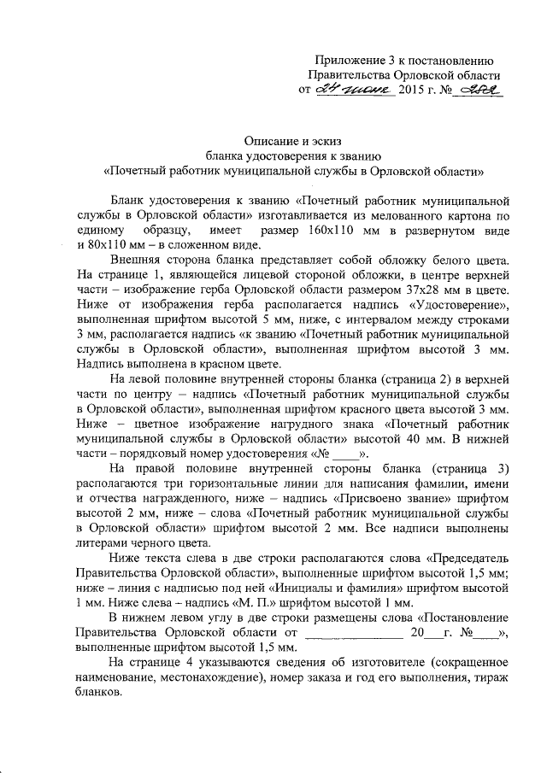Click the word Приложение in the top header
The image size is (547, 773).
click(x=345, y=61)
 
